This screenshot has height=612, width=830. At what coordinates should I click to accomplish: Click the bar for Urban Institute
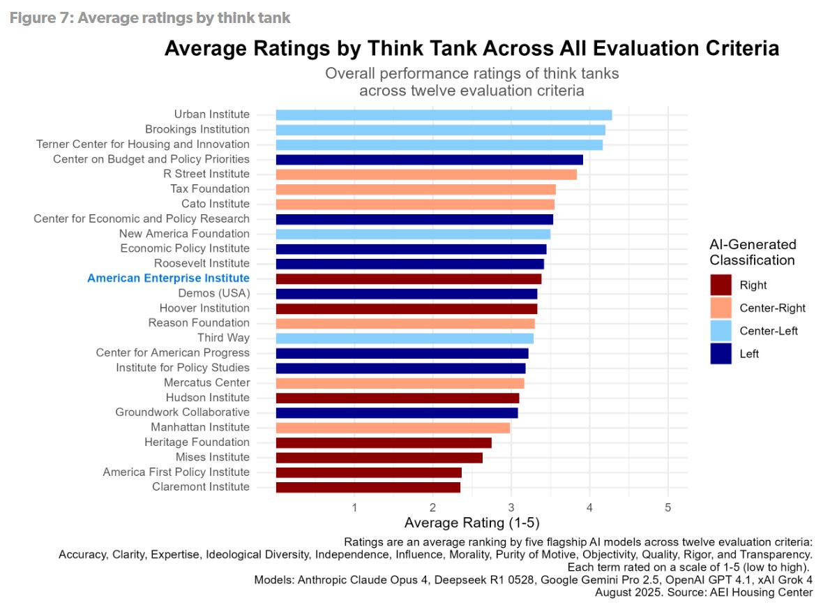444,114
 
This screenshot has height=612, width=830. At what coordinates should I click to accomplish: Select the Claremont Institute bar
368,487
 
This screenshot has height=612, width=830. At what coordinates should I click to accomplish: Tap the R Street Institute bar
426,174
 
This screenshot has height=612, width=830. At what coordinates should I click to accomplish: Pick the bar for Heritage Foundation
384,442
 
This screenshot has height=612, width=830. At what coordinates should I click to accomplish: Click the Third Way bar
405,338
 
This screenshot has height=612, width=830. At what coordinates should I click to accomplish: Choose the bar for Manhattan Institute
393,427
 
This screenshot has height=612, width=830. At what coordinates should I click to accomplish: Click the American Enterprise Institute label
168,278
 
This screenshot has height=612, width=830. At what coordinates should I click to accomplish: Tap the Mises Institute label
212,457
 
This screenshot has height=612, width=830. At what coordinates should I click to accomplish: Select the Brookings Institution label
197,129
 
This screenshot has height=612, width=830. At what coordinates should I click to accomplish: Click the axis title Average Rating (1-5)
472,523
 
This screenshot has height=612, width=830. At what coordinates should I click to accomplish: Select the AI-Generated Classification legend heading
753,253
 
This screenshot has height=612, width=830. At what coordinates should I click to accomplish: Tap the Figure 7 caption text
150,17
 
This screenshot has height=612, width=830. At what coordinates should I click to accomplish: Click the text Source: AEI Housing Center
748,592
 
